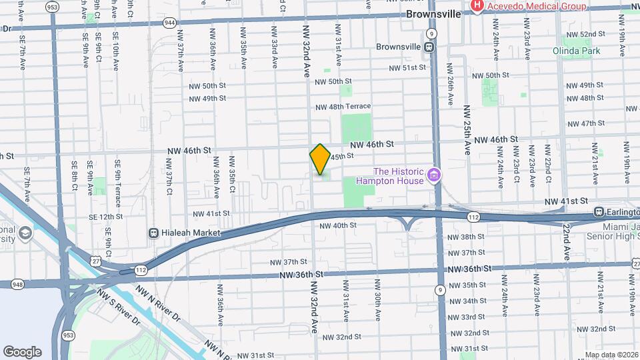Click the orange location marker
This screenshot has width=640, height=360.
coord(320,159)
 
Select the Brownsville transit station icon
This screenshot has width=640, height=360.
coord(429,47)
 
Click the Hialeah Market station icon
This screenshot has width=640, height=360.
coord(153,233)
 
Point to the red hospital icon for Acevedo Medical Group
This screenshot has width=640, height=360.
coord(477,6)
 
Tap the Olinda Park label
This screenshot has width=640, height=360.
coord(576,51)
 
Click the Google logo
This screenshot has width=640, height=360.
coord(22,352)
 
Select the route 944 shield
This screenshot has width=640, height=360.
coord(169,23)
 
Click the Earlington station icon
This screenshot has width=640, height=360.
coord(599,212)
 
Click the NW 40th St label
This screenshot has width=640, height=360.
coord(338,225)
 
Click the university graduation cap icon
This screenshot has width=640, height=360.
coord(25,233)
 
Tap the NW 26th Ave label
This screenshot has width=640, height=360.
coord(451,85)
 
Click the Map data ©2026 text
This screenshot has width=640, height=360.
coord(611,355)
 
